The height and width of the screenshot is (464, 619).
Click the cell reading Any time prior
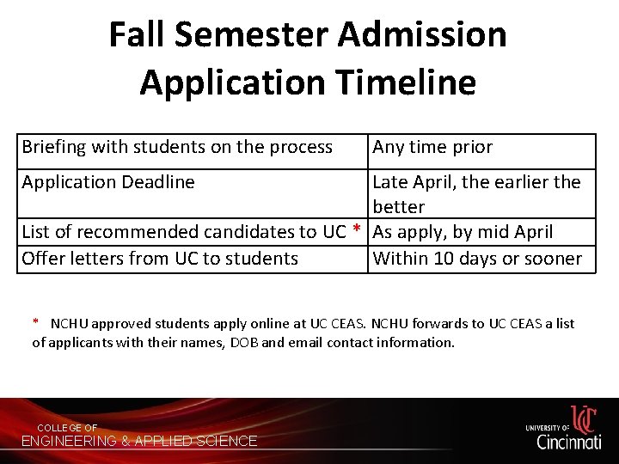pos(432,147)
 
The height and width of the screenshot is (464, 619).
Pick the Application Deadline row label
pos(108,182)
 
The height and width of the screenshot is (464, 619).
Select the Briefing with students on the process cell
pos(177,147)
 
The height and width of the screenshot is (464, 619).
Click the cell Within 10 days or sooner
pos(477,258)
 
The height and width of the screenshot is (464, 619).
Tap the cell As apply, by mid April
pos(463,232)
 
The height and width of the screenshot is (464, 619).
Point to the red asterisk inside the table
pos(356,231)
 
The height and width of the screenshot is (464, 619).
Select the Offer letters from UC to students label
pos(160,258)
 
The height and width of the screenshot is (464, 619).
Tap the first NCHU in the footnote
pos(70,324)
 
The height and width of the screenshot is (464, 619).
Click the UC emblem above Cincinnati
pos(583,418)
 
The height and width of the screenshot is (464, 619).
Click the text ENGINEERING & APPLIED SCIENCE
pos(139,441)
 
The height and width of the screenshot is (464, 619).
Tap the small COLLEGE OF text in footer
pos(67,428)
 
